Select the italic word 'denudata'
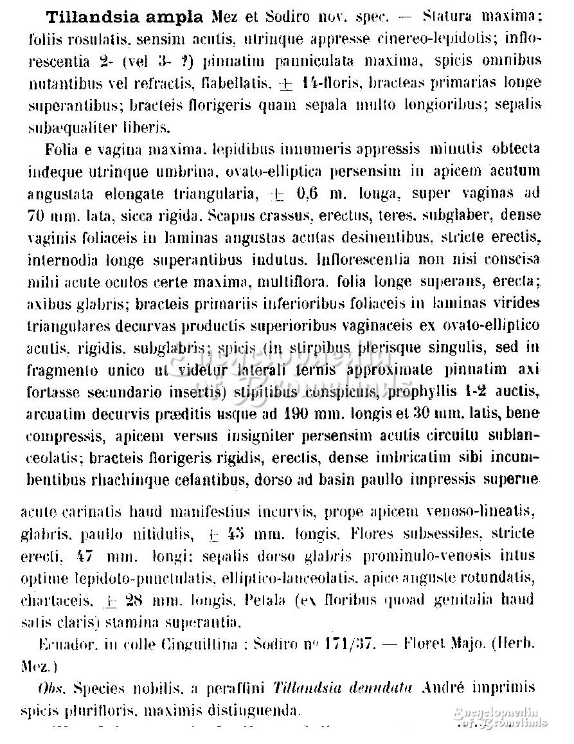click(381, 688)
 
